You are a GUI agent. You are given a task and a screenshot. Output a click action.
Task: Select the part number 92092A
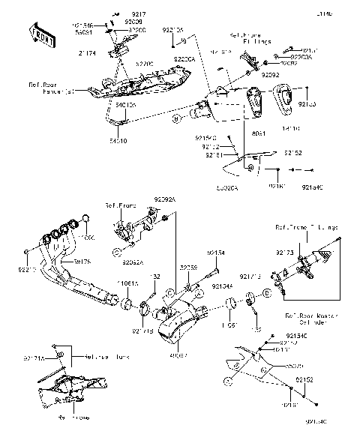point(164,199)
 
